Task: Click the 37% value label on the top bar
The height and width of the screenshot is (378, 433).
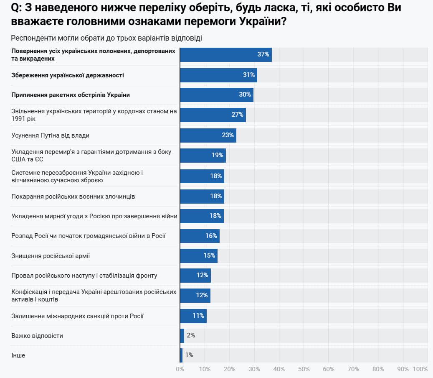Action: [x=263, y=55]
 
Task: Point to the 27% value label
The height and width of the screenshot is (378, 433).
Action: [x=238, y=115]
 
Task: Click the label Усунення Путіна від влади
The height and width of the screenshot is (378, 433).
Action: [x=51, y=135]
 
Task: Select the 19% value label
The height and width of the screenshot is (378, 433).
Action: [x=217, y=155]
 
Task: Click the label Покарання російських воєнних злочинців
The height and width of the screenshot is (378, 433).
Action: [x=73, y=197]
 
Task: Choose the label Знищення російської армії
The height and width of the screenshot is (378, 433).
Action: [x=51, y=255]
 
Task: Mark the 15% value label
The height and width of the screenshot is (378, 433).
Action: [x=209, y=255]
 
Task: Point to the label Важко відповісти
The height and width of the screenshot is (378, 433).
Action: [x=37, y=336]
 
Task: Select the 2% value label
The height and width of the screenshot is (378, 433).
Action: [x=191, y=335]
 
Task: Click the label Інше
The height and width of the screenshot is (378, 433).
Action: [x=18, y=355]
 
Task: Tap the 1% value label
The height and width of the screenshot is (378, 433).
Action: [x=189, y=355]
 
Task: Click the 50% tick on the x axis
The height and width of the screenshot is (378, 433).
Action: [x=304, y=369]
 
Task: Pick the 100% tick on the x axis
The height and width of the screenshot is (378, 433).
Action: [x=420, y=369]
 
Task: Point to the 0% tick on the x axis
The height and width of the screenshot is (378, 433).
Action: [x=180, y=369]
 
